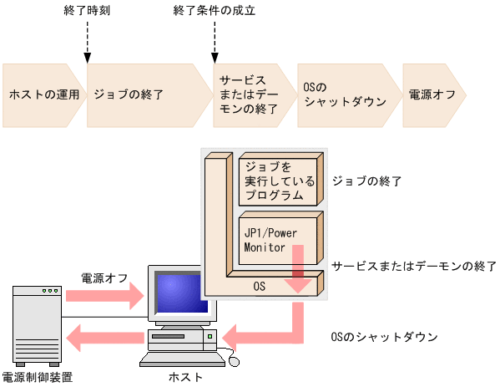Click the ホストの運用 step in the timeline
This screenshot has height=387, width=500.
pos(43,94)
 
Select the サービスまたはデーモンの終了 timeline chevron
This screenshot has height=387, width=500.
pos(248,94)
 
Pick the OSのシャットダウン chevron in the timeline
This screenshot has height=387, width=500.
pos(344,94)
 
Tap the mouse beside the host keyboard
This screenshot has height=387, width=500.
pos(235,360)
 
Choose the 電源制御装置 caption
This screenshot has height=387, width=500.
pos(37,378)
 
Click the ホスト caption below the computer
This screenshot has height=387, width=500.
pos(185,378)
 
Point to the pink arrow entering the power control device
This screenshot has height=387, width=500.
pos(104,339)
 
